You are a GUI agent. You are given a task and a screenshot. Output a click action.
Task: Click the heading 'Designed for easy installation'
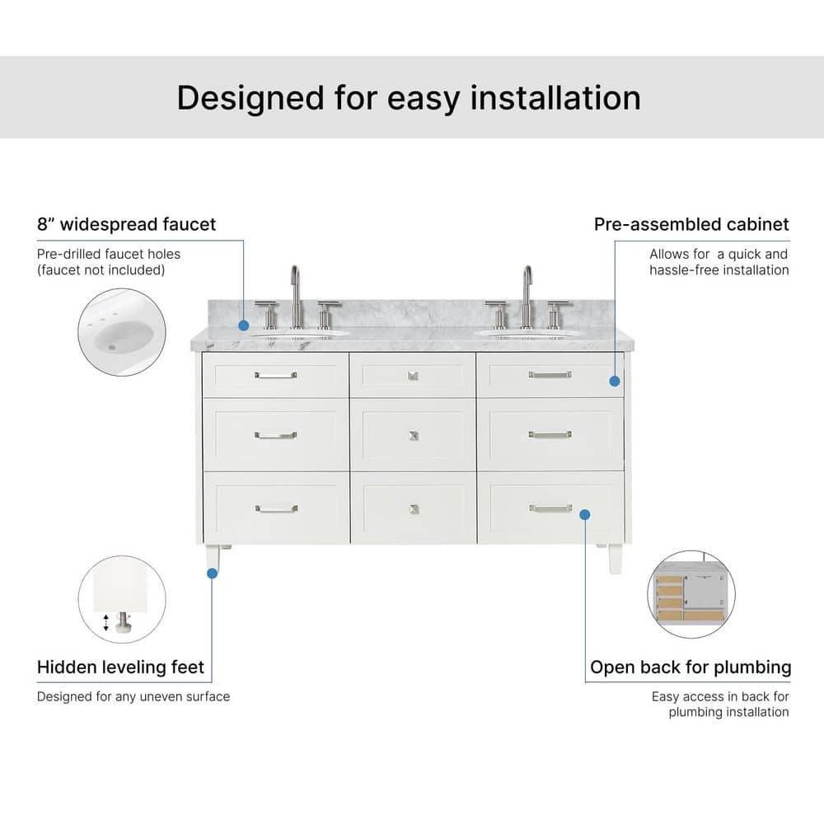point(409,97)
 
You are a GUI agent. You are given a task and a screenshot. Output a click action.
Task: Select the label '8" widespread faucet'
point(126,224)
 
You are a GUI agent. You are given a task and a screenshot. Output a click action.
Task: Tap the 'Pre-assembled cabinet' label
point(691,224)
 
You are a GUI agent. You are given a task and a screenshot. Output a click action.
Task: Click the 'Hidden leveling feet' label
point(120,667)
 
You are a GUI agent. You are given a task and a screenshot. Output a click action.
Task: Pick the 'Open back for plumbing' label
point(691,667)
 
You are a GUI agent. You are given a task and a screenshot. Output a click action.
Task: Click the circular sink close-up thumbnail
point(122,332)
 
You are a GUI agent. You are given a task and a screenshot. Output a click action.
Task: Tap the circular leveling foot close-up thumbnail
point(122,599)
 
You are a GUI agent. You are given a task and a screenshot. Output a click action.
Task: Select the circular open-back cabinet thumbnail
point(691,595)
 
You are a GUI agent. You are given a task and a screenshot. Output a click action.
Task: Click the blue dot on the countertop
point(244,326)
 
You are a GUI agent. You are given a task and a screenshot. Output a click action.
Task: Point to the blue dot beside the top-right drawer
point(615,381)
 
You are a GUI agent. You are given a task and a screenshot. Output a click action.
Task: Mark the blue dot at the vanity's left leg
point(212,574)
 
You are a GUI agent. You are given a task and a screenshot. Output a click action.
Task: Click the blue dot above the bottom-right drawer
point(585,514)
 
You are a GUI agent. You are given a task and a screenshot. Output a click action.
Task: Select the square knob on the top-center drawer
point(413,376)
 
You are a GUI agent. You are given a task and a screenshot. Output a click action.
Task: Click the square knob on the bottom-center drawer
point(413,509)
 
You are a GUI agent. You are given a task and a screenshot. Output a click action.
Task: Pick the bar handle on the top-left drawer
point(275,376)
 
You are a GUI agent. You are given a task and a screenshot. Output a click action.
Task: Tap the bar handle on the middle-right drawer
point(550,434)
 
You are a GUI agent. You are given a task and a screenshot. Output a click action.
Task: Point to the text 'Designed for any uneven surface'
point(133,696)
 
